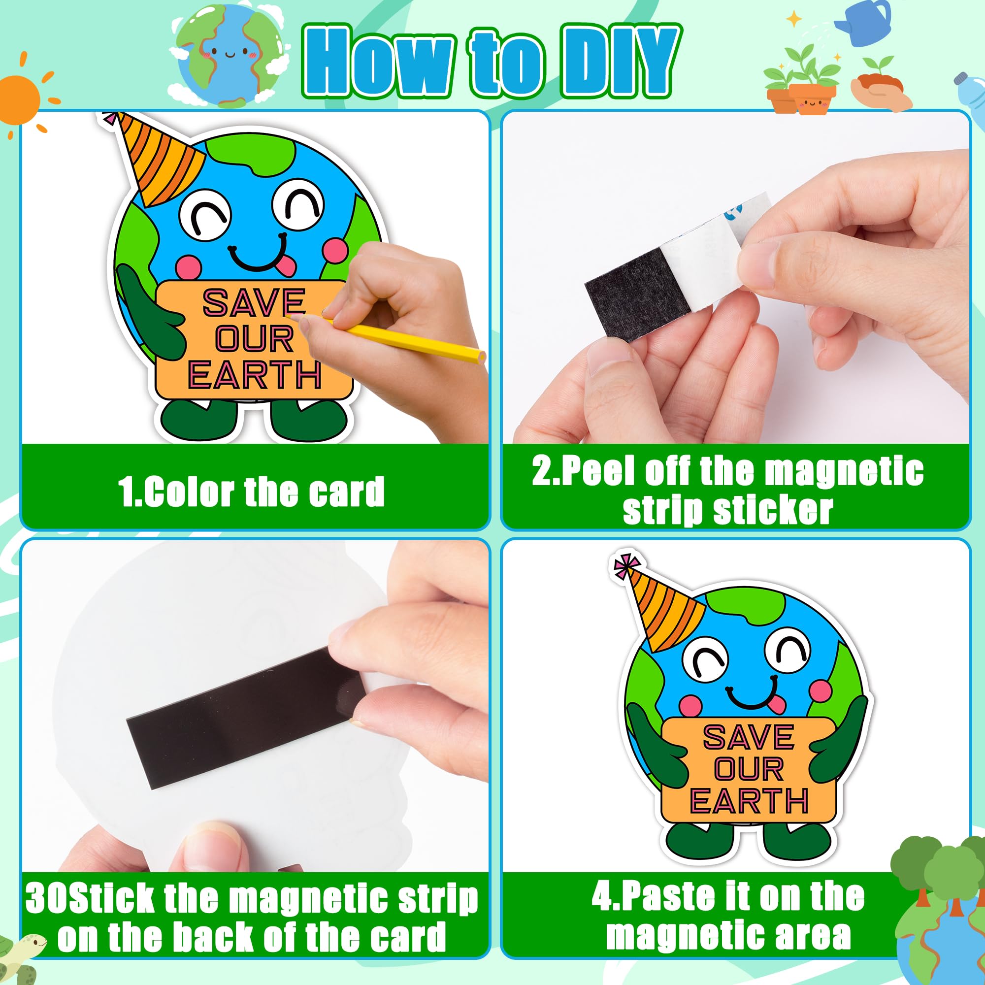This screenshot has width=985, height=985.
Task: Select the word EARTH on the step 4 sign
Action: coord(749,800)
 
